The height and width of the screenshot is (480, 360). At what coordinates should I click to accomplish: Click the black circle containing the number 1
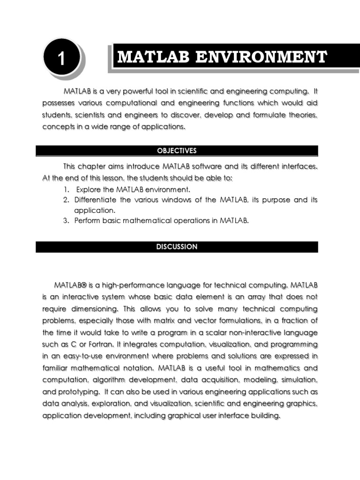(60, 59)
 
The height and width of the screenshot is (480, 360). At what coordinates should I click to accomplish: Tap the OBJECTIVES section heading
(177, 151)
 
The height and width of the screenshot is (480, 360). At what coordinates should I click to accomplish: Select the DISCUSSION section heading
(177, 247)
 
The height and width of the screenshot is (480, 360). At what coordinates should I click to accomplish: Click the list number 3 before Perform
(66, 221)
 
